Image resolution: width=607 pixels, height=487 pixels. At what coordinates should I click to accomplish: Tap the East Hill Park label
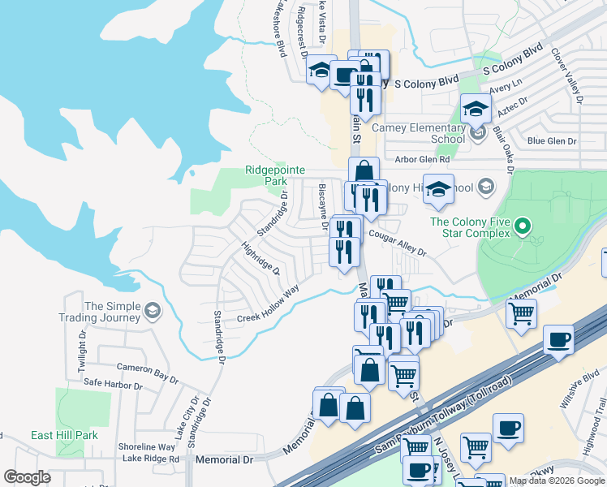[64, 436]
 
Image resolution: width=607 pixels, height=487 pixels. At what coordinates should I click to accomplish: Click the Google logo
[27, 477]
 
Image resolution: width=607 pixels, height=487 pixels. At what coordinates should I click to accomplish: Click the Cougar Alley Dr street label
[397, 241]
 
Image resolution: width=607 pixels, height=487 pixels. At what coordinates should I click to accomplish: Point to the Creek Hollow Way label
[268, 304]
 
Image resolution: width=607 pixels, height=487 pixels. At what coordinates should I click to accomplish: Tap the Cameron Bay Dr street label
[147, 373]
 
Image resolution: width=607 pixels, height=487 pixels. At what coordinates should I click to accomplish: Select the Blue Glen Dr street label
[552, 141]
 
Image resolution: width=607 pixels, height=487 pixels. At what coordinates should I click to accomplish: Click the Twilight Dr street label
[83, 351]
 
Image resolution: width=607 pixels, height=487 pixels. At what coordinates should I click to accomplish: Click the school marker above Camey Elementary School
[476, 108]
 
